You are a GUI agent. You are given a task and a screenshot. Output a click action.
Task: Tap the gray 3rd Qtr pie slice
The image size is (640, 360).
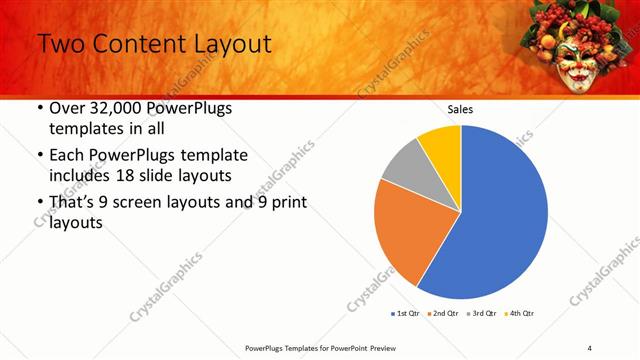[x=404, y=164]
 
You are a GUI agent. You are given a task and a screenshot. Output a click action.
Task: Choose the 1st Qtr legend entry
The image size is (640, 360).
[x=406, y=314]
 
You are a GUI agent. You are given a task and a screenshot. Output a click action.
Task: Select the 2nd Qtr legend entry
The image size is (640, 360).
[x=445, y=314]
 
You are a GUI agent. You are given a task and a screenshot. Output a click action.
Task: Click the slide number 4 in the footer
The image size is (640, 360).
[x=590, y=347]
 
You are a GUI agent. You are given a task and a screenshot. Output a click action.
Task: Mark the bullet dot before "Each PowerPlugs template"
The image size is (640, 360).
[x=39, y=156]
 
